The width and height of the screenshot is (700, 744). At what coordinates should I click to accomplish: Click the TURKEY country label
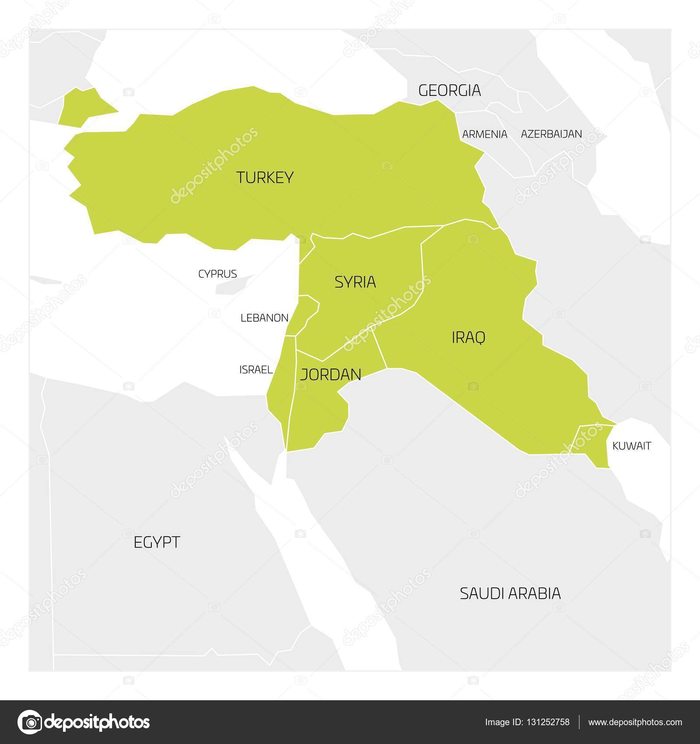coord(265,178)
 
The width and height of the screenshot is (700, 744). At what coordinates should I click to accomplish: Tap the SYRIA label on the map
coord(355,282)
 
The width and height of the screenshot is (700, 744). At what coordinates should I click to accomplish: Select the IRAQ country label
coord(468,337)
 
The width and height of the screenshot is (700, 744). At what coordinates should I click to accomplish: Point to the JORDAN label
coord(331,375)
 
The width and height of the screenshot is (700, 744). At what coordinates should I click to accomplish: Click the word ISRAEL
coord(256,370)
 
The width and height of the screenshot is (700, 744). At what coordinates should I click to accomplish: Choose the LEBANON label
coord(264,318)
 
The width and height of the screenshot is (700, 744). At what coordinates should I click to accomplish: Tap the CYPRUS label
coord(217,274)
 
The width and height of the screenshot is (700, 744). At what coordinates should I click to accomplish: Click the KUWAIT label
coord(631,446)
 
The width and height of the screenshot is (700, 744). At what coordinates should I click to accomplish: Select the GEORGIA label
coord(449,91)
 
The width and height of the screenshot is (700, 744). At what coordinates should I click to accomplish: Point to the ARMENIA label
coord(484,134)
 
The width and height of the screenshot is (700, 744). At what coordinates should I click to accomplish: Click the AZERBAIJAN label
coord(551,134)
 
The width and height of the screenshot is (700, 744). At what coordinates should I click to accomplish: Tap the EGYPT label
coord(157,543)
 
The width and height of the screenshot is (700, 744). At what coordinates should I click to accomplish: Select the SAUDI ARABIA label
coord(510,593)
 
